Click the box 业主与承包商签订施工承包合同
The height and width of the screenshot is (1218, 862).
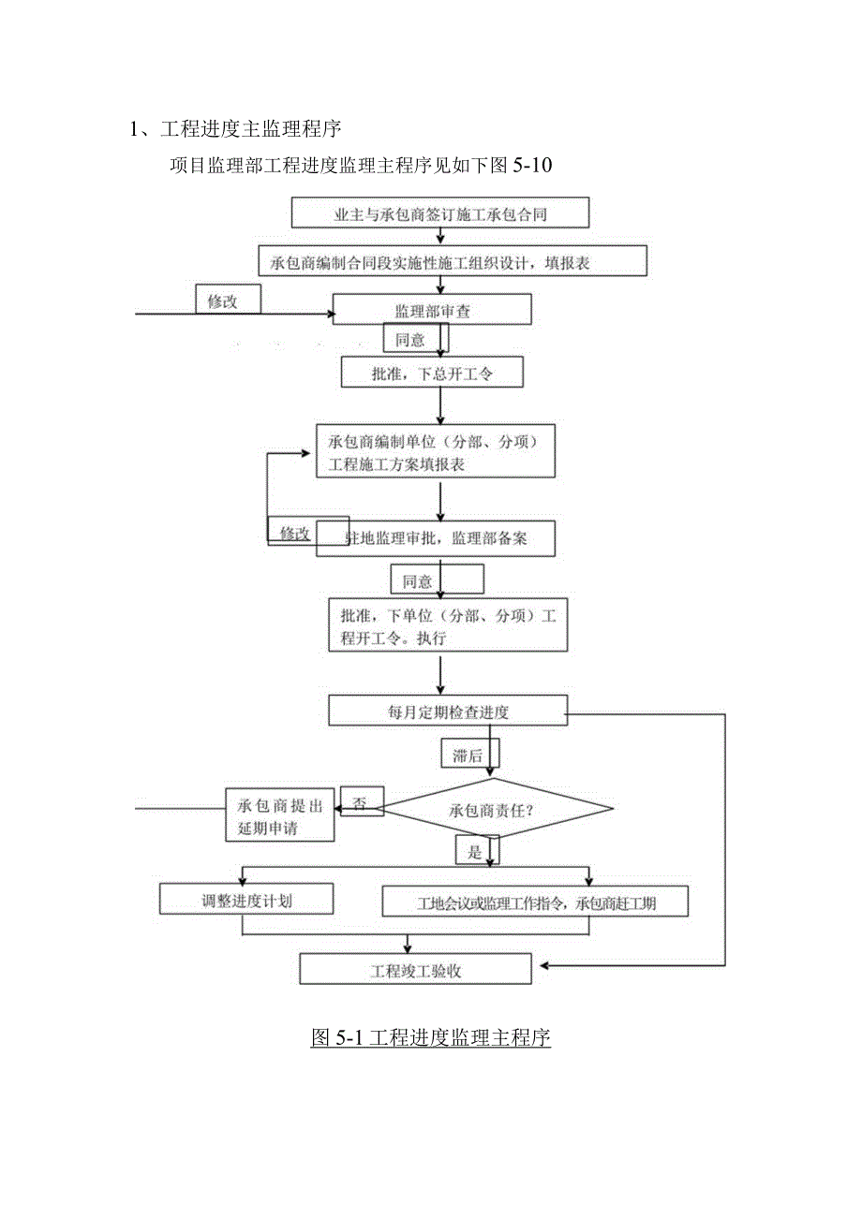(x=440, y=213)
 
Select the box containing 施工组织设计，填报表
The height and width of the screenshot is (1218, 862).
(x=453, y=261)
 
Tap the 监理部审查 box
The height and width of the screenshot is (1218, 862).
(x=432, y=310)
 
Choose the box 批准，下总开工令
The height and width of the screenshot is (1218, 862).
(x=432, y=373)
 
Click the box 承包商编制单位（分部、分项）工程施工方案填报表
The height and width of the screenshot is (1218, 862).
(x=436, y=451)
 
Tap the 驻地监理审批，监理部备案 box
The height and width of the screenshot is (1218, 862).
(x=436, y=538)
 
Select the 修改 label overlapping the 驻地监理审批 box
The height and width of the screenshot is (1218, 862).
(x=295, y=532)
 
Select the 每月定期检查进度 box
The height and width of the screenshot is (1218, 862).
(x=447, y=711)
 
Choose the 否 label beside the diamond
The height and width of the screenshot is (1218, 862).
(x=361, y=801)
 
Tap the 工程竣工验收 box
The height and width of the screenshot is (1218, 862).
(x=415, y=969)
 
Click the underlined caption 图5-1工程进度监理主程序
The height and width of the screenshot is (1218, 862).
(x=430, y=1037)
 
